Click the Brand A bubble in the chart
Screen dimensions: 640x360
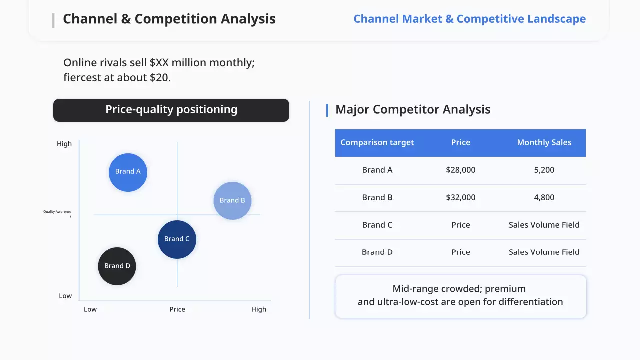tap(128, 172)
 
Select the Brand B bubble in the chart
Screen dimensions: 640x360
tap(232, 201)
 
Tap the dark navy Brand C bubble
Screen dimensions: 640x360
tap(177, 239)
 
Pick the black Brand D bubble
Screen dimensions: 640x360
tap(117, 266)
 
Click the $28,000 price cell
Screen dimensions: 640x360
tap(461, 170)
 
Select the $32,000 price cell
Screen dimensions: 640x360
tap(461, 197)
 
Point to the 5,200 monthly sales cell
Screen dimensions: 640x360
tap(544, 170)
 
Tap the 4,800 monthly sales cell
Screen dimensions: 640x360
tap(544, 197)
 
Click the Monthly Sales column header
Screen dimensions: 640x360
tap(544, 142)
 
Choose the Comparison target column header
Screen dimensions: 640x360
tap(377, 143)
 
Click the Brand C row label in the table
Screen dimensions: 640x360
tap(377, 225)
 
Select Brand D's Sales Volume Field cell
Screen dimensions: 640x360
tap(544, 252)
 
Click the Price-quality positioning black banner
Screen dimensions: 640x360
tap(171, 110)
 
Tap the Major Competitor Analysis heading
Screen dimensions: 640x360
tap(413, 109)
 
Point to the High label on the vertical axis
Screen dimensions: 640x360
tap(64, 144)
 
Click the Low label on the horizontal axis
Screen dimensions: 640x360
tap(90, 309)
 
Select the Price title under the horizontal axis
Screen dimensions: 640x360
tap(177, 309)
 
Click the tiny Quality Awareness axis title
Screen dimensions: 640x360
tap(57, 213)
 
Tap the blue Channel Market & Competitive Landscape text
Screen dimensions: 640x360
tap(469, 19)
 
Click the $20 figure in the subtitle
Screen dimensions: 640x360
tap(159, 77)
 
